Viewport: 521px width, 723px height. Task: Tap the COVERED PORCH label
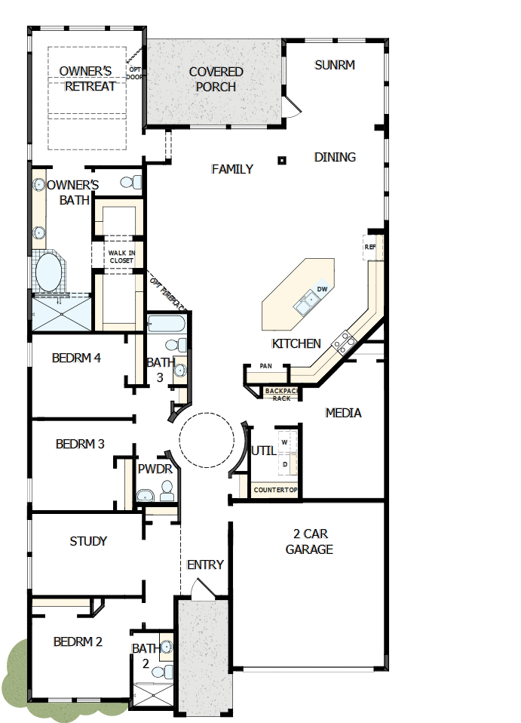(x=216, y=79)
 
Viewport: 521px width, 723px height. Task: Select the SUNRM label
(x=334, y=65)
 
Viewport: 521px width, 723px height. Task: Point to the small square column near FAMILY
(x=281, y=159)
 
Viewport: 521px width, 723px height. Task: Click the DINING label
(x=335, y=157)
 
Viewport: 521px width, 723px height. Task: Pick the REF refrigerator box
(x=370, y=248)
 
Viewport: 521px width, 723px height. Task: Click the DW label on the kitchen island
(x=322, y=289)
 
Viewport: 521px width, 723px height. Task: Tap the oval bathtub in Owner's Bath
(x=50, y=272)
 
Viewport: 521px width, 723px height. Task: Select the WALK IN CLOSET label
(x=121, y=257)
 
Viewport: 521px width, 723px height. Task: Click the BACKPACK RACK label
(x=282, y=394)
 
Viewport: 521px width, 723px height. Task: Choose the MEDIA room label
(x=343, y=413)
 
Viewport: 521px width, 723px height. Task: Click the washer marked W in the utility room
(x=285, y=441)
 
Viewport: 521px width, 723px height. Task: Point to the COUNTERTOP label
(x=275, y=490)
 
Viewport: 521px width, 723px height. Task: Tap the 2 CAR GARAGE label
(x=309, y=541)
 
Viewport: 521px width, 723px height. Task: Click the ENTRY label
(x=205, y=565)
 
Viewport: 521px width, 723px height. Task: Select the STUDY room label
(x=88, y=541)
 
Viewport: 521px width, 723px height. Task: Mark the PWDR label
(x=155, y=469)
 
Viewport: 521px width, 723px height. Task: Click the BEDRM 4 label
(x=76, y=358)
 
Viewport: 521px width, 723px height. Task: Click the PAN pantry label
(x=265, y=366)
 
